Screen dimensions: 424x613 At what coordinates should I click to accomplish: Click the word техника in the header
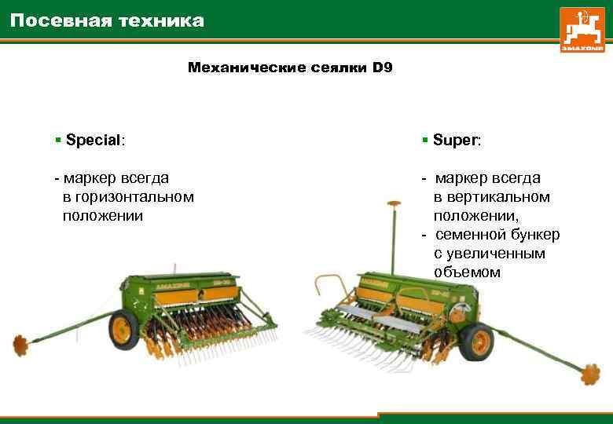(160, 21)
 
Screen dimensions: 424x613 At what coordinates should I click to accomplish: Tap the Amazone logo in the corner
(582, 30)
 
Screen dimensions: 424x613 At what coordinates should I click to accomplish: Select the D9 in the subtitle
(382, 68)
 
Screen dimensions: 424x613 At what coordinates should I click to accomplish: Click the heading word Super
(457, 141)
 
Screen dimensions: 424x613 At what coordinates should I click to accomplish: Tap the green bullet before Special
(58, 141)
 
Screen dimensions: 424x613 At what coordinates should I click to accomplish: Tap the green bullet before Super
(424, 141)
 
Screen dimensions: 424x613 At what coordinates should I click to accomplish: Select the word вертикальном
(492, 197)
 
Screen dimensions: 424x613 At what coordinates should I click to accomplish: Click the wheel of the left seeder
(123, 330)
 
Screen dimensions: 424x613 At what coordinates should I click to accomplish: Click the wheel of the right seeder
(475, 342)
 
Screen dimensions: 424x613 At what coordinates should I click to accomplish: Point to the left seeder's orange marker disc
(20, 343)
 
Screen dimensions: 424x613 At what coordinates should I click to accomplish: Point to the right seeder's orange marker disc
(590, 374)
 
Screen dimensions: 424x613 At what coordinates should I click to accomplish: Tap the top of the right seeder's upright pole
(389, 205)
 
